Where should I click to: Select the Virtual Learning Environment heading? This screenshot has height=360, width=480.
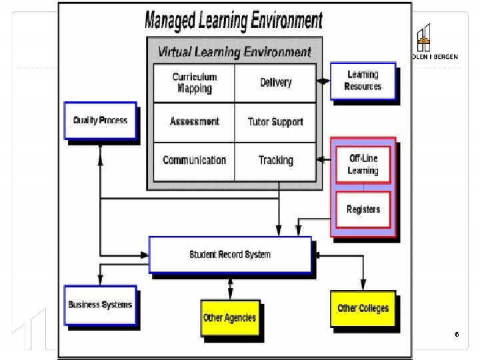234,51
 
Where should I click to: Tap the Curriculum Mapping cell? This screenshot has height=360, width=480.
194,83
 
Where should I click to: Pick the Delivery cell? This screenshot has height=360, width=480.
275,83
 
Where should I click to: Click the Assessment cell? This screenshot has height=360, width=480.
194,121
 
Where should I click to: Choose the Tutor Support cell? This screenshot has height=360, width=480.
275,121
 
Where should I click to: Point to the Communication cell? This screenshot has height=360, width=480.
194,160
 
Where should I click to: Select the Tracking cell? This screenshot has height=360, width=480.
275,160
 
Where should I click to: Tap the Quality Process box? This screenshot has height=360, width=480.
100,121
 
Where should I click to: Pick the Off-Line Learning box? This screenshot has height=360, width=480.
363,165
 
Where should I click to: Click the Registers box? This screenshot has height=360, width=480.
363,209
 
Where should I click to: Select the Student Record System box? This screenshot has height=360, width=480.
230,255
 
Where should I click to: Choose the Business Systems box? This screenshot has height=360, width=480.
100,305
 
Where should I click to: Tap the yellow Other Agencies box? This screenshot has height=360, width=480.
229,318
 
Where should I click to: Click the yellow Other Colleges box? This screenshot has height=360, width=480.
363,308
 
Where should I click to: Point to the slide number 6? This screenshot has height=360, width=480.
457,333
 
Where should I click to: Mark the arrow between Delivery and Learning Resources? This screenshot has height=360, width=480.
323,81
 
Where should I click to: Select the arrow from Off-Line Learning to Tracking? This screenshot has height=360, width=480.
323,160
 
